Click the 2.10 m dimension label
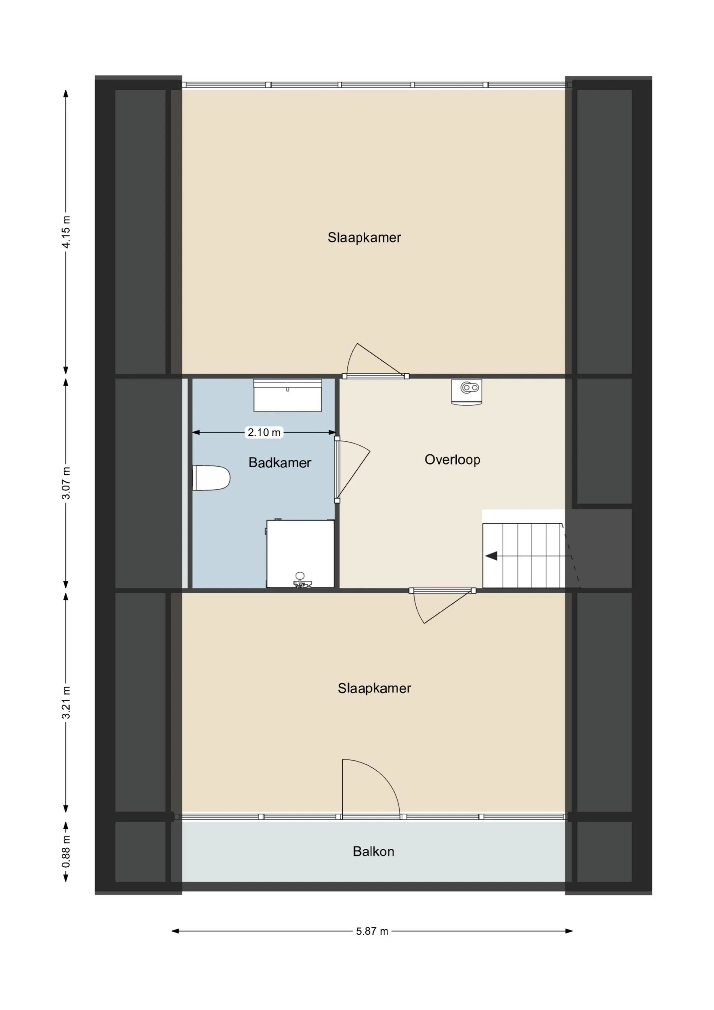(264, 432)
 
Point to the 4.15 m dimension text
(66, 232)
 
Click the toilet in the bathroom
(212, 478)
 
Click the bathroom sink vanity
(288, 396)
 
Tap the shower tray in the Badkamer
(301, 554)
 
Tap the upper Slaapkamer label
(364, 238)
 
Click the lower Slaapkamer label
(374, 688)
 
